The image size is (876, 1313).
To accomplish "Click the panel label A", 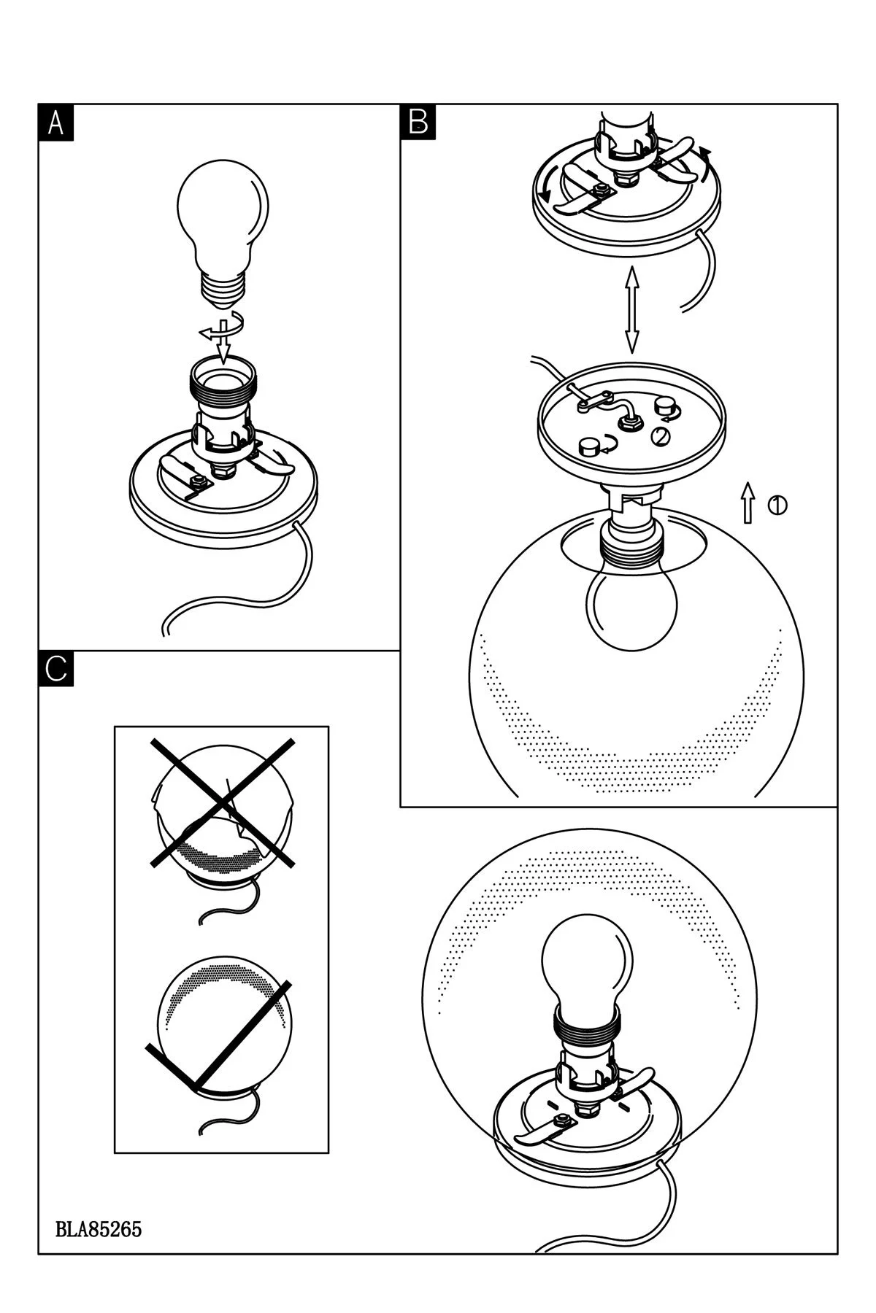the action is [x=55, y=121].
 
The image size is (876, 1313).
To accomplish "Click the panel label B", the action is [x=418, y=121].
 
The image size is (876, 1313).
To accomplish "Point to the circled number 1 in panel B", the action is [x=777, y=504].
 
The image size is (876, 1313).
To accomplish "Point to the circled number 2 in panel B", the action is [x=659, y=436].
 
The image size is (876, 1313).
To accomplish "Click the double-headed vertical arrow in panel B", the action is [x=631, y=310].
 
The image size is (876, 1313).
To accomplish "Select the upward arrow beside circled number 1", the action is [x=748, y=502].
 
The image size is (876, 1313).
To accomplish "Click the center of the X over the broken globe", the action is [x=223, y=802].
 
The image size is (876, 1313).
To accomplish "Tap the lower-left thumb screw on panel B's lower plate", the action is [x=588, y=446].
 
